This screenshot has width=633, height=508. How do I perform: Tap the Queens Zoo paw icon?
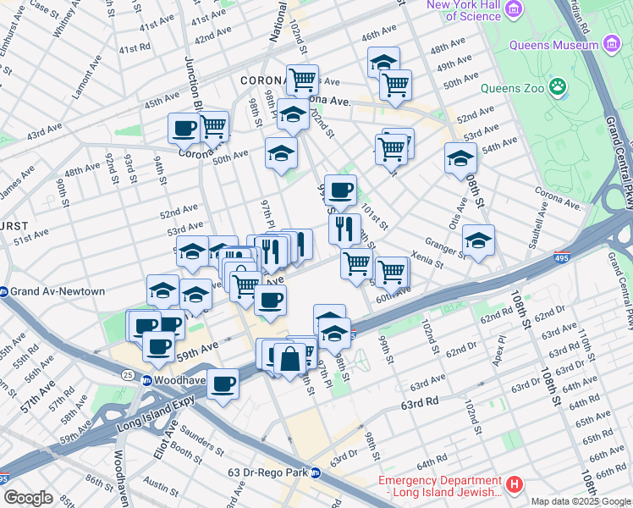point(558,86)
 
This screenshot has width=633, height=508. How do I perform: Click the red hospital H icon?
point(515,485)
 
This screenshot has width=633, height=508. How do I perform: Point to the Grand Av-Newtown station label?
point(58,292)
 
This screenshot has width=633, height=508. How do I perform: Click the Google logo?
point(27,497)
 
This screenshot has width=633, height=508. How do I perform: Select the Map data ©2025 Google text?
point(580,501)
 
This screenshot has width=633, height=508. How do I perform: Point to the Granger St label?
point(446,245)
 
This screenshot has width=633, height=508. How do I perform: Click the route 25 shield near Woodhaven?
point(127,373)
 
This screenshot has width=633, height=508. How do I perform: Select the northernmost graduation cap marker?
point(383,62)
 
